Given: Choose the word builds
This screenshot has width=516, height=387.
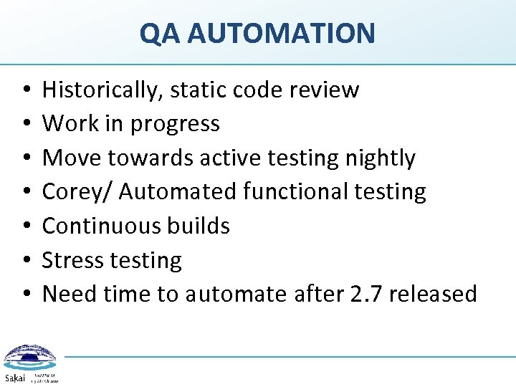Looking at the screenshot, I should point(200,226).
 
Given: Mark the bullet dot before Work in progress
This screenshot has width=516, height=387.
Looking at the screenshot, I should point(25,125).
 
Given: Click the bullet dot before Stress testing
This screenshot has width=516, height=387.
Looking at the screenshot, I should point(25,261).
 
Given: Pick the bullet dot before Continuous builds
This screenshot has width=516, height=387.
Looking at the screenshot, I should point(25,226).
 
